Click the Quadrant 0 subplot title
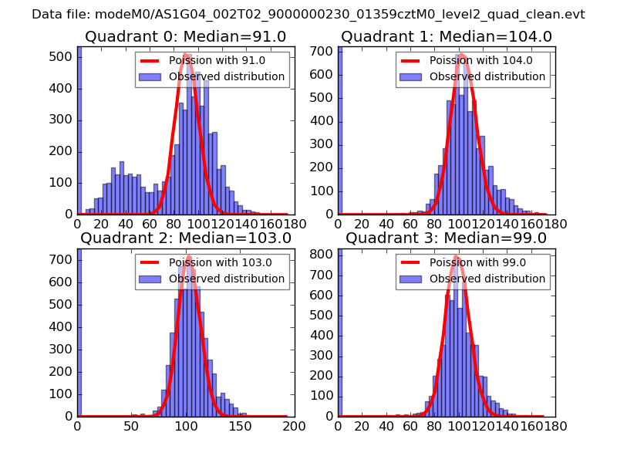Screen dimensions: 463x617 click(x=185, y=37)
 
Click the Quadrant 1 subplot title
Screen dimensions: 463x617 click(x=446, y=37)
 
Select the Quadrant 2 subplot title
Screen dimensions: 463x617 click(x=185, y=238)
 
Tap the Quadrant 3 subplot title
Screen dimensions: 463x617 click(x=446, y=238)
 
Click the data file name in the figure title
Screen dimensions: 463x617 click(x=339, y=15)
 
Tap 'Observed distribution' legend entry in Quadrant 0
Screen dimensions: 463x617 click(x=227, y=77)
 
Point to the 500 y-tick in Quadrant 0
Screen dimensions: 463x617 click(x=63, y=57)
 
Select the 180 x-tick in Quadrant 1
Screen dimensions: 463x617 click(x=555, y=225)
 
